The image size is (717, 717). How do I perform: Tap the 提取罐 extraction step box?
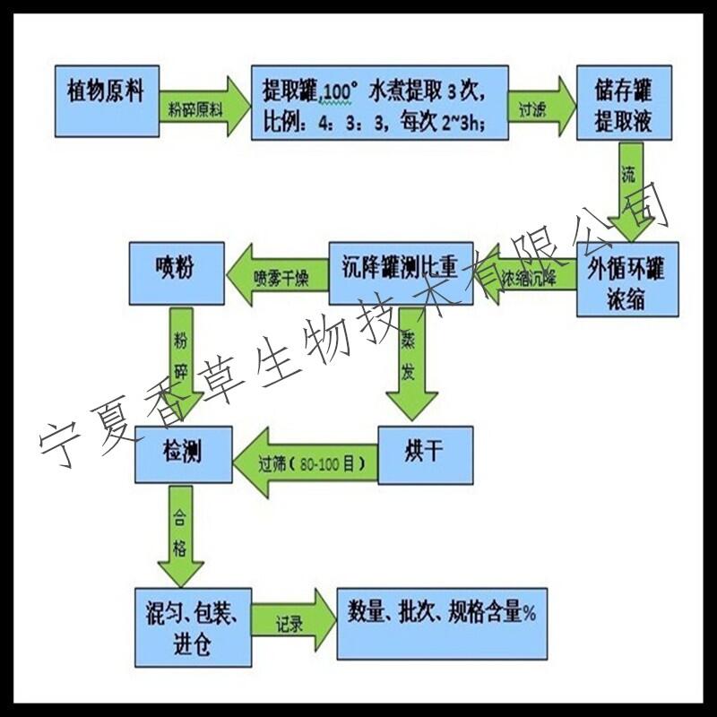pyautogui.click(x=379, y=103)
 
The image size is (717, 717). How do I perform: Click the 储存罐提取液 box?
pyautogui.click(x=622, y=104)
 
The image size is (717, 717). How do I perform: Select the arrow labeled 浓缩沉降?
pyautogui.click(x=528, y=274)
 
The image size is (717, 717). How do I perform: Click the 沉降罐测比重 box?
pyautogui.click(x=399, y=272)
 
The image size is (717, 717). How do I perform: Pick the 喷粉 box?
pyautogui.click(x=174, y=271)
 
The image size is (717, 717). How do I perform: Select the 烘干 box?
pyautogui.click(x=425, y=455)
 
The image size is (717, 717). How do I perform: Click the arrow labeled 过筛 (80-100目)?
pyautogui.click(x=305, y=462)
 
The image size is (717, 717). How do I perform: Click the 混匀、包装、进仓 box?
pyautogui.click(x=190, y=626)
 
